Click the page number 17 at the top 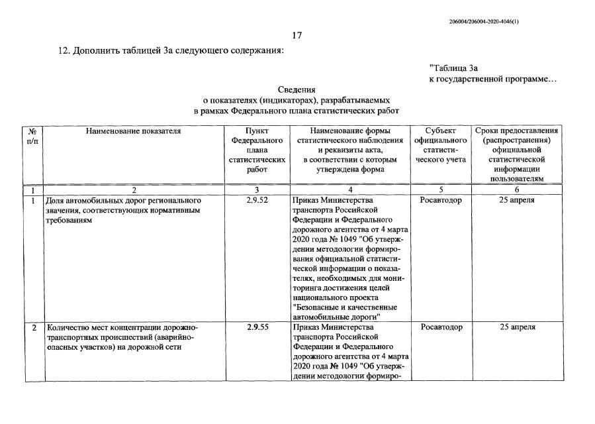[x=297, y=36]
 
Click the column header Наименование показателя [x=133, y=131]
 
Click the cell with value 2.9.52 [x=257, y=199]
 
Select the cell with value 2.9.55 [x=257, y=327]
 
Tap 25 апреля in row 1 [x=517, y=199]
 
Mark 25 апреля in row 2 [x=517, y=327]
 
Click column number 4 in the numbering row [x=350, y=189]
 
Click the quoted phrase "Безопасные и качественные [x=344, y=307]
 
